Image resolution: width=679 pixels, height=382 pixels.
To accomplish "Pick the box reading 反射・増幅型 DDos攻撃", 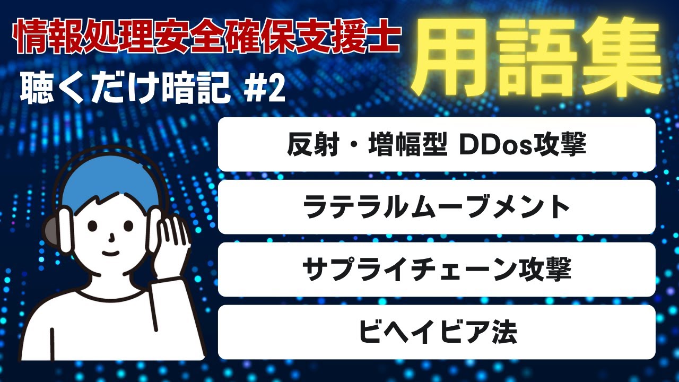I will click(437, 145).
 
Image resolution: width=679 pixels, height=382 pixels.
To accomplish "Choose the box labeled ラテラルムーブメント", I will click(437, 207).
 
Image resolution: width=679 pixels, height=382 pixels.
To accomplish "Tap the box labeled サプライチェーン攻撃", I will click(437, 270).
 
